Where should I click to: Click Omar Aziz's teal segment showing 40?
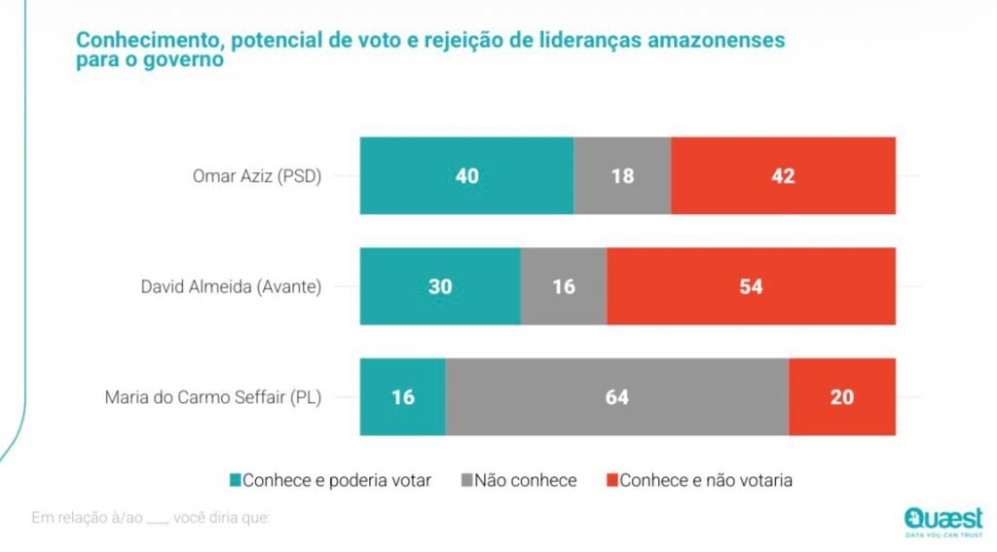(x=466, y=176)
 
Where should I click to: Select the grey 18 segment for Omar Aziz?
(x=622, y=176)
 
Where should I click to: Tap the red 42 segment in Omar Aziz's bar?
(x=783, y=176)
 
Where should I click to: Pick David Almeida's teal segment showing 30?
(x=440, y=286)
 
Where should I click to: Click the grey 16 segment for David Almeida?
(x=563, y=286)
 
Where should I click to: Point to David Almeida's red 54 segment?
(x=751, y=286)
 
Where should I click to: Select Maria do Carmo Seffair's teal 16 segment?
(x=403, y=397)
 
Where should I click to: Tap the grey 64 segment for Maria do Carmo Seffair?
(x=616, y=397)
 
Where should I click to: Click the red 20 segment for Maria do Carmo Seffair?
(x=842, y=397)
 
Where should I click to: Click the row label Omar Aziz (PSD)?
(x=258, y=176)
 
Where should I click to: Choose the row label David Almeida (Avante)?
(x=231, y=286)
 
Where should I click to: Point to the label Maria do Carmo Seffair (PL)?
(x=212, y=397)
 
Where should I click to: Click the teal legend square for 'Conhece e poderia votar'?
(x=235, y=480)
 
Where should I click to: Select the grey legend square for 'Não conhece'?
(x=467, y=480)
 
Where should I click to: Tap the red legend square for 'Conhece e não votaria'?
(x=611, y=480)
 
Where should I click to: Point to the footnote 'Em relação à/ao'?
(x=87, y=517)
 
